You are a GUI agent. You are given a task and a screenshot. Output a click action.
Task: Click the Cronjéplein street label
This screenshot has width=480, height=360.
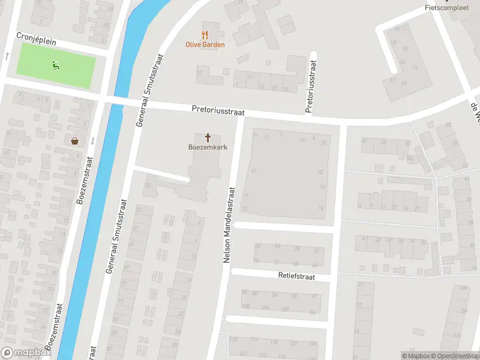click(37, 37)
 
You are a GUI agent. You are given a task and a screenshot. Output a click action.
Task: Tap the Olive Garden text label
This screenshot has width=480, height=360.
click(205, 44)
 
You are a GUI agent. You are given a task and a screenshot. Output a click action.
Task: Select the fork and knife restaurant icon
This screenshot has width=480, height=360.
click(205, 35)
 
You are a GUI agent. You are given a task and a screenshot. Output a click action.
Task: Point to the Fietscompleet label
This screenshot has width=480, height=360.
click(446, 8)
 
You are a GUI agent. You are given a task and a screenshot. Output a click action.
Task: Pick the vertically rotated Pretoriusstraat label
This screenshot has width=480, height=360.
click(309, 86)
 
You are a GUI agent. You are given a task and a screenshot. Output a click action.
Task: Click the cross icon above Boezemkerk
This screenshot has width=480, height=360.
click(208, 137)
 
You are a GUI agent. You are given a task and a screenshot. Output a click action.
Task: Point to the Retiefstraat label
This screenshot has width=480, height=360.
click(305, 277)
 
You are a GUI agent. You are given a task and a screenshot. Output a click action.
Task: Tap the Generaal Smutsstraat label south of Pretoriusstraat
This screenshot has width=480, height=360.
click(117, 235)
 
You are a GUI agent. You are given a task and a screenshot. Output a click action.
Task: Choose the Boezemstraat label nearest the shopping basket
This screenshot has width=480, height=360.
click(84, 181)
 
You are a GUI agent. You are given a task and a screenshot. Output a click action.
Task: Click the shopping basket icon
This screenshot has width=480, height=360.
click(75, 141)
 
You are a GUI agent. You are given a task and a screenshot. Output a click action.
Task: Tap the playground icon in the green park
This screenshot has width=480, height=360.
click(55, 65)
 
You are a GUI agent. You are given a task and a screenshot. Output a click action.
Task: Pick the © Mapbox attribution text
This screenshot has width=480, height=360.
click(417, 356)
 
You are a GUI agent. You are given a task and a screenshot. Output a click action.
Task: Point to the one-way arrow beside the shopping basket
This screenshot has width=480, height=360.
click(92, 141)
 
